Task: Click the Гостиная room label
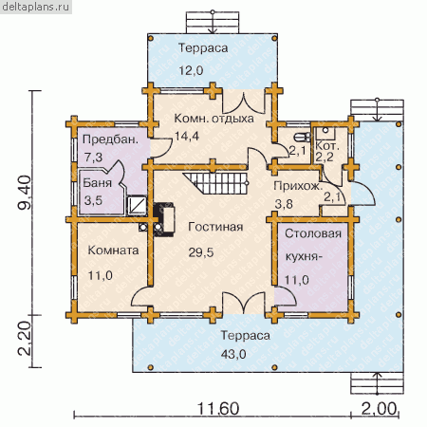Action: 215,227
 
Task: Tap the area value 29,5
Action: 201,252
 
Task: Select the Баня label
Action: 97,183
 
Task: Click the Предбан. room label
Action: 110,139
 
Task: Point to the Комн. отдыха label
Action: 213,119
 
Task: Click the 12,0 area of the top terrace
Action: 191,70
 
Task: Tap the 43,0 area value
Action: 233,354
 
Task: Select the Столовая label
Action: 313,233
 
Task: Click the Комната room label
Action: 113,251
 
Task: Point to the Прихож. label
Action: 298,186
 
